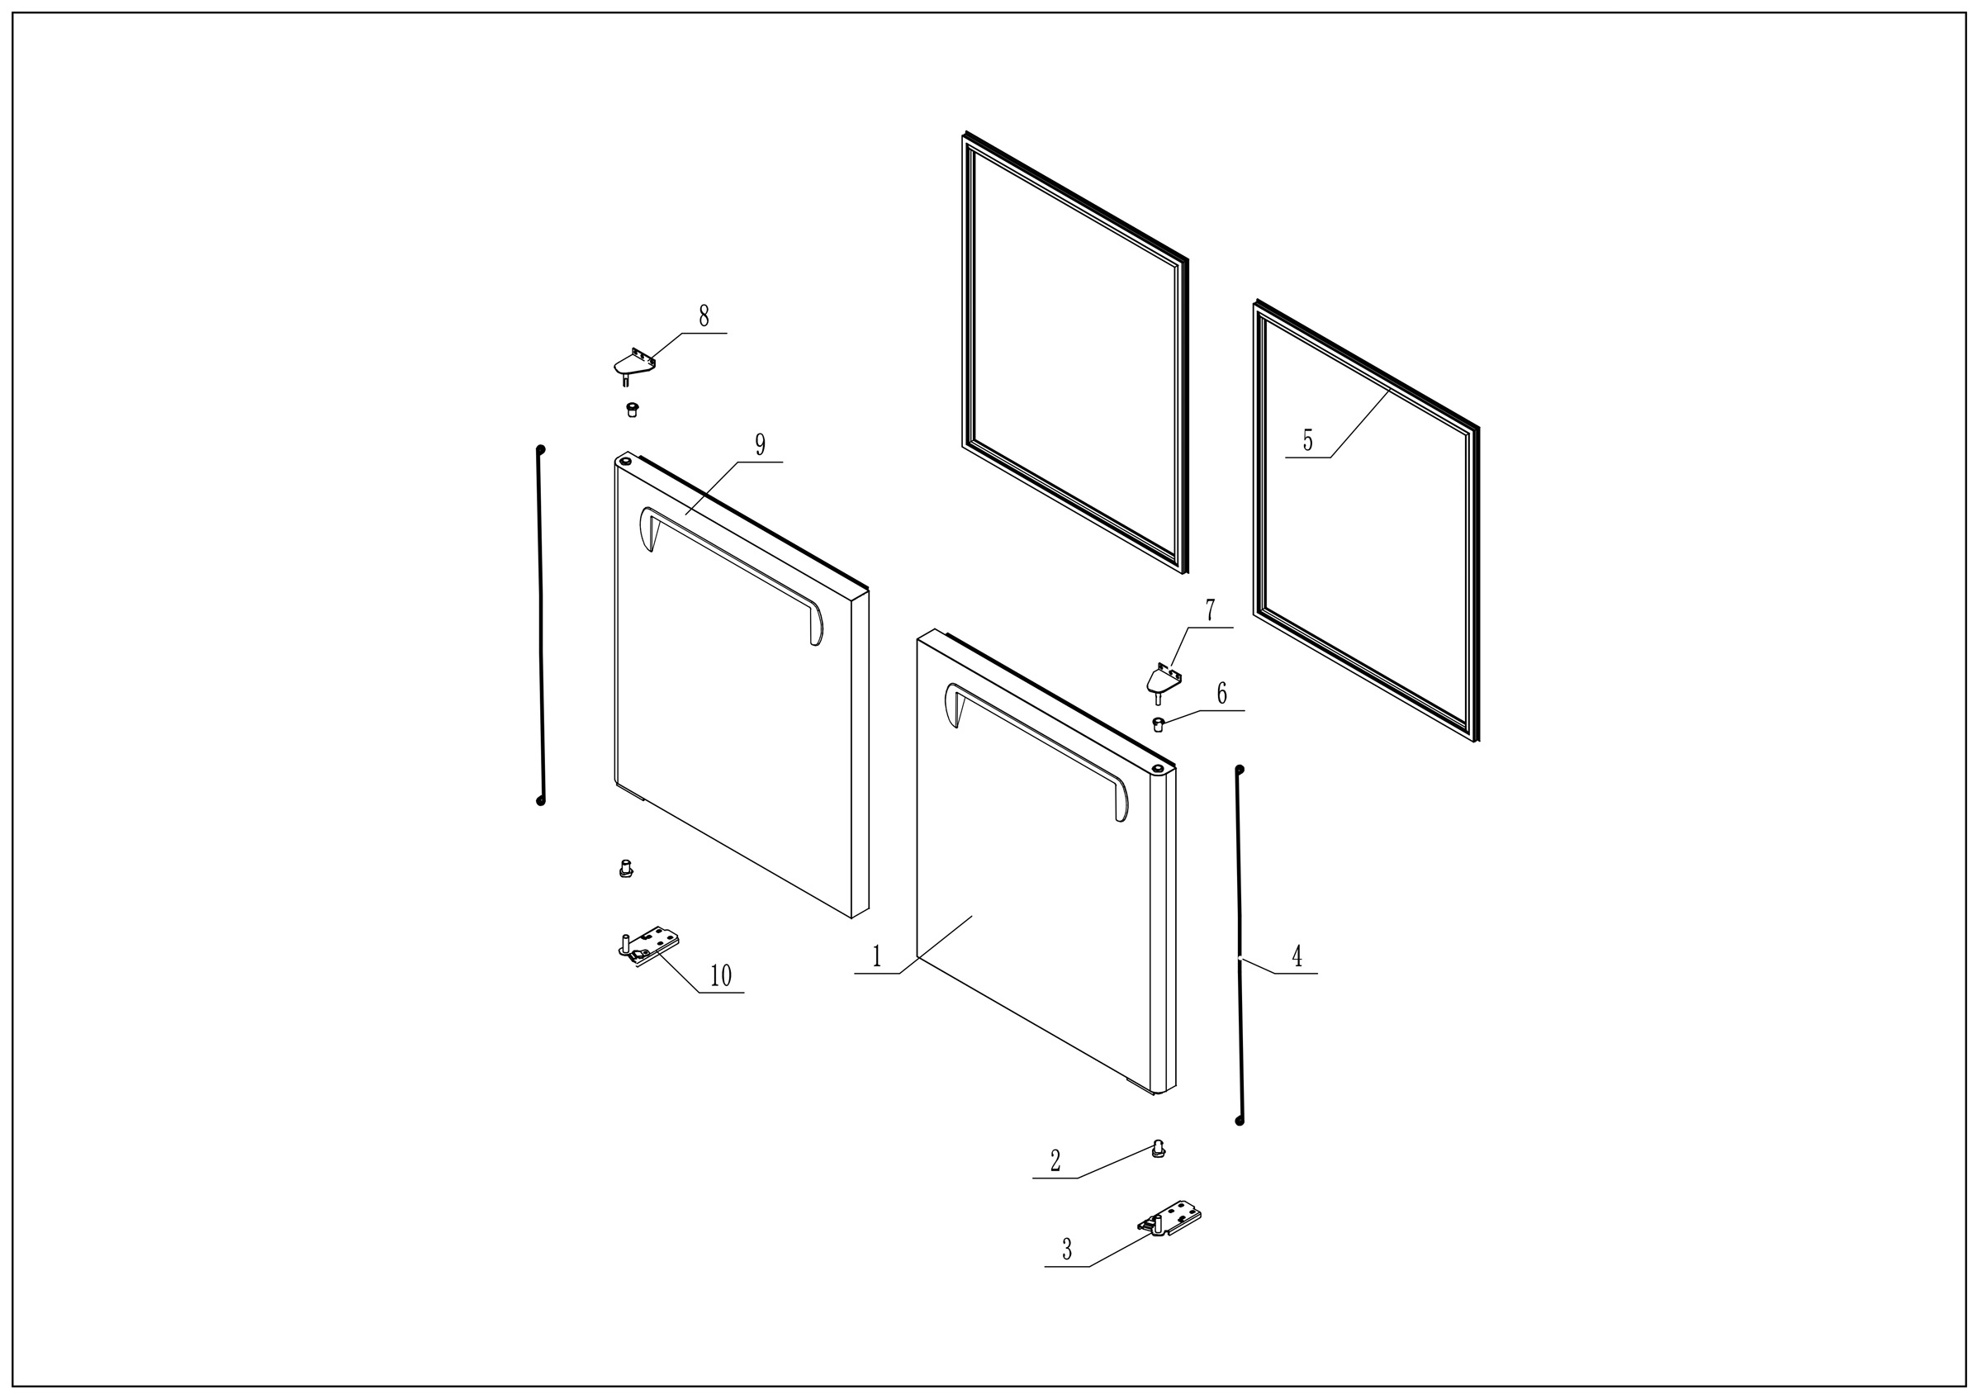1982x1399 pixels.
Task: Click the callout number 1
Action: point(877,956)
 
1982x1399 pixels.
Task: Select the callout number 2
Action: point(1055,1162)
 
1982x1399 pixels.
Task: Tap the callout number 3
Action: point(1067,1250)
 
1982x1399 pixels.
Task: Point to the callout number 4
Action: point(1297,956)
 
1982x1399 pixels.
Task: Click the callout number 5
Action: point(1308,441)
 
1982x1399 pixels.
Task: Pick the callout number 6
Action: point(1222,693)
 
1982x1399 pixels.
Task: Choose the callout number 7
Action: point(1211,610)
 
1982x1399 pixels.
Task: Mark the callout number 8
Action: point(704,315)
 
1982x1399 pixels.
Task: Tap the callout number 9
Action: point(761,445)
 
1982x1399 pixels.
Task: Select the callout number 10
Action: point(721,976)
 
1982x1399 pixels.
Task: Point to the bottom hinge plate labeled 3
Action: point(1170,1219)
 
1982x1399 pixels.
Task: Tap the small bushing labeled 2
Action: point(1159,1149)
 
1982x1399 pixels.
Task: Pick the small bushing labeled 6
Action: point(1159,723)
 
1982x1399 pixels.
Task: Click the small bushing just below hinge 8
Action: point(632,409)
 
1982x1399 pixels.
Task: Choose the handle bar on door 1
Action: point(1036,747)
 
